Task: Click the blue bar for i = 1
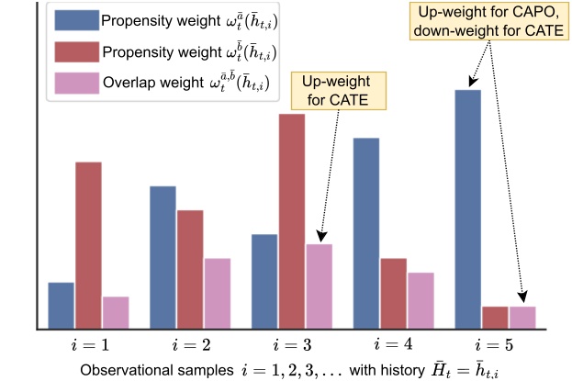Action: [62, 306]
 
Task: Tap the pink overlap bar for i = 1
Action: [116, 312]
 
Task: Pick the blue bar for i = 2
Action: [163, 257]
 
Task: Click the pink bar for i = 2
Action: [218, 293]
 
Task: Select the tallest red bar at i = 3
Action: [292, 220]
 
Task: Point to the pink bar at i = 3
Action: [319, 286]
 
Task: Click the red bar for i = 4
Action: [394, 293]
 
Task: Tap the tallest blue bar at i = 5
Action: [468, 209]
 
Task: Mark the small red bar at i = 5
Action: [495, 317]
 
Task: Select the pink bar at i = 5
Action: [522, 317]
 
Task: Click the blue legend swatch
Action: [73, 20]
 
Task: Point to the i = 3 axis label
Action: [293, 348]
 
